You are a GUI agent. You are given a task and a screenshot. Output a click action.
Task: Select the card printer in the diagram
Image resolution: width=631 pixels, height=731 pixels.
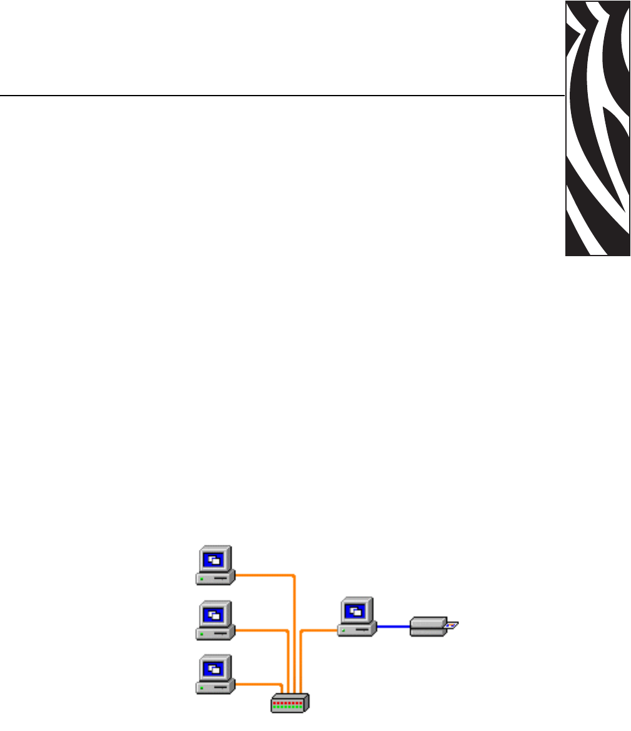click(428, 626)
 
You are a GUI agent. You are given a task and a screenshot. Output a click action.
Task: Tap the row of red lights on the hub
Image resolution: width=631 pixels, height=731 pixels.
click(288, 703)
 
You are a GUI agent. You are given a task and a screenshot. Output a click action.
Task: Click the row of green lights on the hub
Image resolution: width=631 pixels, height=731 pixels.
click(288, 707)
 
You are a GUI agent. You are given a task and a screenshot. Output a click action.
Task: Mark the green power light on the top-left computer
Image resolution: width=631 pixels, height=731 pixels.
click(201, 580)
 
